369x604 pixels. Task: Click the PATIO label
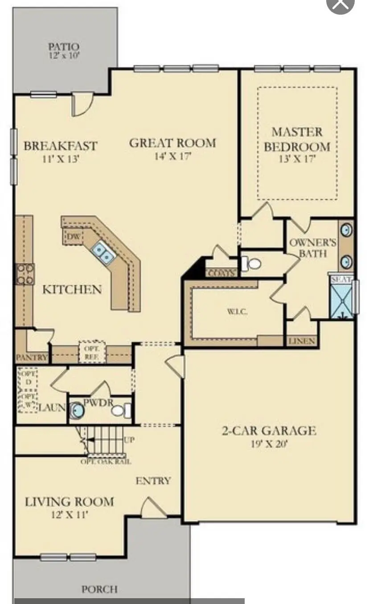[64, 46]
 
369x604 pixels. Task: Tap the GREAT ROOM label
[172, 143]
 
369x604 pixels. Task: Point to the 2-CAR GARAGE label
[269, 431]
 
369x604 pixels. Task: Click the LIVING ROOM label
[69, 502]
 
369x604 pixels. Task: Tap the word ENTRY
[153, 481]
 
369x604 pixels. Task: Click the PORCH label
[99, 589]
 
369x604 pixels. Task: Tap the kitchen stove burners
[25, 274]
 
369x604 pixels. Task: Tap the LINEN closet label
[302, 341]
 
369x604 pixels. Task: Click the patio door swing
[82, 105]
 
